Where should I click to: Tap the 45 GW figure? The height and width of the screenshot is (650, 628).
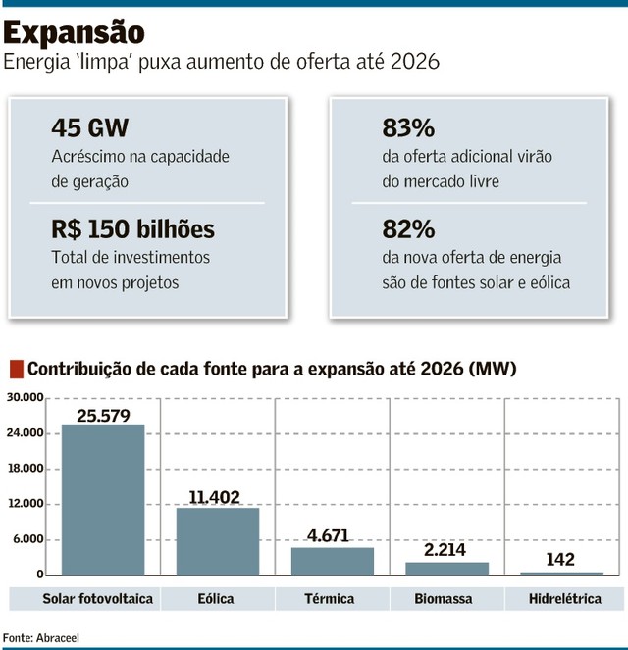click(89, 128)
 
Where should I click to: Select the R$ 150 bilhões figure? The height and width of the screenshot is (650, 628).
click(133, 229)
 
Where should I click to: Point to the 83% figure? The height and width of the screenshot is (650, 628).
click(407, 128)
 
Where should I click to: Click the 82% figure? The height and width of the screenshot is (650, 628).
click(407, 229)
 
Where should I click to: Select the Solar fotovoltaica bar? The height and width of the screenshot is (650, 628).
click(103, 499)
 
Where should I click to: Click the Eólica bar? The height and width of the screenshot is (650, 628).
click(218, 540)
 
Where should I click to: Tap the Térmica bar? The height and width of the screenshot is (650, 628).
click(333, 561)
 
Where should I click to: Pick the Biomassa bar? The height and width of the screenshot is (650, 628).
click(446, 569)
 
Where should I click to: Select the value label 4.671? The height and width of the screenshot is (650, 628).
click(333, 536)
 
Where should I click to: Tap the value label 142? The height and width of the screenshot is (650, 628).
click(561, 560)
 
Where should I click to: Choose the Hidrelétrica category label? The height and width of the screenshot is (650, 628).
click(562, 598)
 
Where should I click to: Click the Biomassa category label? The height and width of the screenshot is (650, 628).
click(446, 598)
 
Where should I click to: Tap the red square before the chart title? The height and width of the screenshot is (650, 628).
click(15, 370)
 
